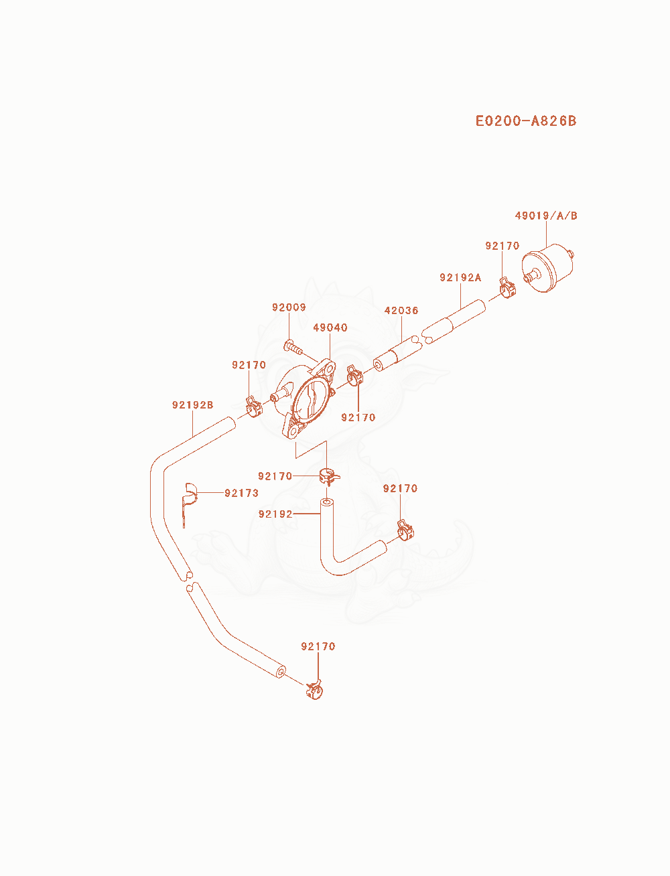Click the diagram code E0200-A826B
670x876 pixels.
(x=526, y=121)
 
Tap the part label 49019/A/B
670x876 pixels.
(x=546, y=216)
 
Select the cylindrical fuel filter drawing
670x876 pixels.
(x=548, y=268)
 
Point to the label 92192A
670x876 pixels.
(x=460, y=277)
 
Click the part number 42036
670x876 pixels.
(x=401, y=311)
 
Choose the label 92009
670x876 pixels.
(x=289, y=307)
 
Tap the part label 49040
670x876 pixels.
(x=330, y=327)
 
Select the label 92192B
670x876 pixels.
(x=193, y=405)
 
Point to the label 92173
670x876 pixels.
(x=241, y=494)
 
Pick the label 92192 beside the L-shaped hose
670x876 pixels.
(x=275, y=514)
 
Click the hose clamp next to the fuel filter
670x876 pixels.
(x=507, y=288)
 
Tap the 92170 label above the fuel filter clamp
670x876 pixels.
(x=503, y=246)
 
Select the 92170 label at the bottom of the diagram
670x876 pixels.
(x=318, y=646)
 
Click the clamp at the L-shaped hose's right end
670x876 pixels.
(x=405, y=530)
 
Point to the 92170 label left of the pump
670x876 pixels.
(x=249, y=365)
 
